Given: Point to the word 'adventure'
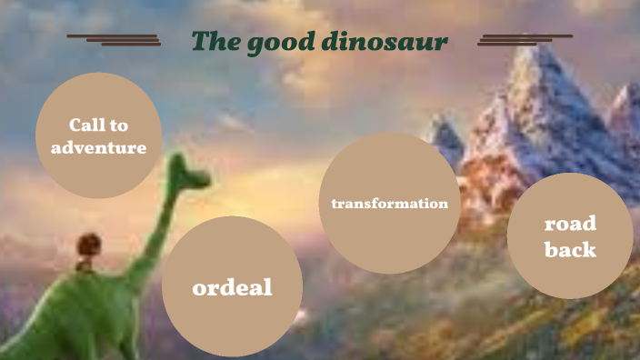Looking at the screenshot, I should pyautogui.click(x=98, y=146).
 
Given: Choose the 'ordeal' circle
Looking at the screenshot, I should pyautogui.click(x=232, y=286).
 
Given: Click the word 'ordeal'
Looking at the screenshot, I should pyautogui.click(x=232, y=288).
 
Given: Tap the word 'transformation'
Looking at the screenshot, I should pyautogui.click(x=390, y=204).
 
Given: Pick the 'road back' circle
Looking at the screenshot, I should pyautogui.click(x=569, y=236).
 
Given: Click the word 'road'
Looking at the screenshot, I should pyautogui.click(x=570, y=224).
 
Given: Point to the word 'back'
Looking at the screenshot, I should pyautogui.click(x=570, y=249).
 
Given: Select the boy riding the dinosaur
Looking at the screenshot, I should pyautogui.click(x=86, y=247).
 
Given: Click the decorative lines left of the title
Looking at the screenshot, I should pyautogui.click(x=115, y=39).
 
